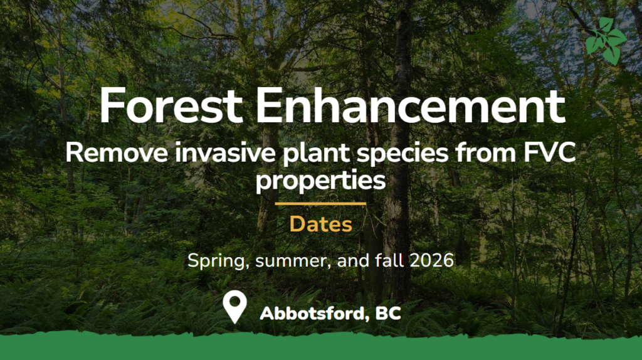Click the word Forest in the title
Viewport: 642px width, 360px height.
click(171, 105)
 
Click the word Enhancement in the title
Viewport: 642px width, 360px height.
click(411, 105)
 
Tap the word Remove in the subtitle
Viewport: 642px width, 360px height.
click(117, 153)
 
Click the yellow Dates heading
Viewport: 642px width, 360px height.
click(320, 224)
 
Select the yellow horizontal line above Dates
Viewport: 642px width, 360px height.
click(320, 204)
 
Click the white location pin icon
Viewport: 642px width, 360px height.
click(234, 306)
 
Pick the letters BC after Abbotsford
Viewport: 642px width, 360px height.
click(387, 314)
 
